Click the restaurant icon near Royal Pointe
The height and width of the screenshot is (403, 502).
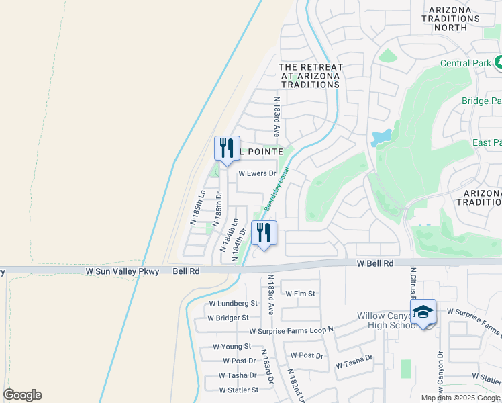[226, 148]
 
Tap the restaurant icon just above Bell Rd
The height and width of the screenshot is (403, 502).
[264, 233]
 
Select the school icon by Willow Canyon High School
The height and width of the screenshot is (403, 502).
[423, 312]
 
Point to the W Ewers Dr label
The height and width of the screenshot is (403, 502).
[258, 173]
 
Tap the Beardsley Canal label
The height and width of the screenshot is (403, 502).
[275, 190]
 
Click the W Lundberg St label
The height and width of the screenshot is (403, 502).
[233, 304]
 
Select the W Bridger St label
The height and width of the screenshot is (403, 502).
[228, 317]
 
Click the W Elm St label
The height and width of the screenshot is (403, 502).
[300, 294]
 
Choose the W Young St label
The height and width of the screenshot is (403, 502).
[232, 347]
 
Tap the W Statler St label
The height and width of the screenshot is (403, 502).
[238, 390]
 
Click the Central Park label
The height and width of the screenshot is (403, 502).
[465, 63]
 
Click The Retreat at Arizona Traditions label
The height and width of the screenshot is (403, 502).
[310, 76]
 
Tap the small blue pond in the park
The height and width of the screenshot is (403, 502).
[381, 138]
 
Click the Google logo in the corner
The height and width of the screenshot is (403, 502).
[22, 395]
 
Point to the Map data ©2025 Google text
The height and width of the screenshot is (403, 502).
[460, 398]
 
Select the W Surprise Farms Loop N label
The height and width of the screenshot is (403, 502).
[291, 332]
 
